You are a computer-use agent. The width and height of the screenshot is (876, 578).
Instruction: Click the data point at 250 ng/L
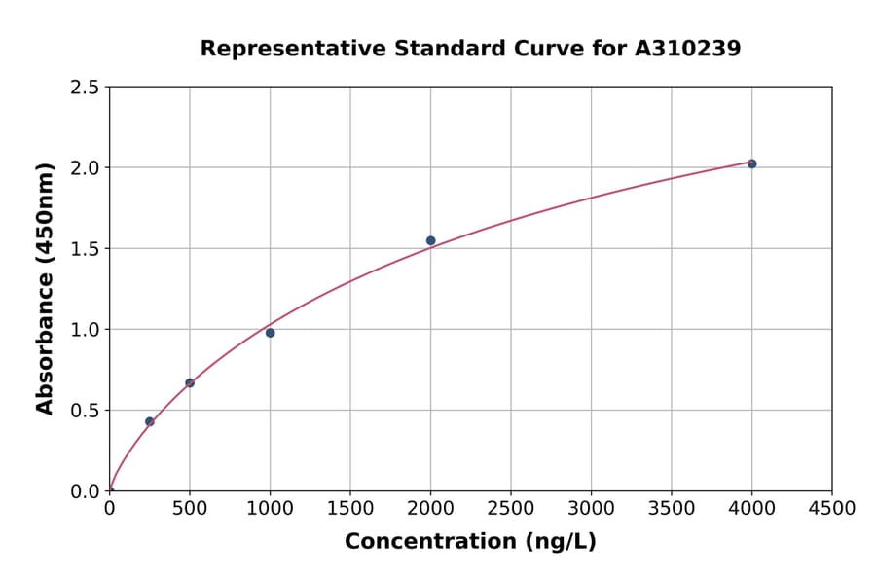[x=150, y=421]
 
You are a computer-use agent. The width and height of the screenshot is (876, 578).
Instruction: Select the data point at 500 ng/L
[x=190, y=382]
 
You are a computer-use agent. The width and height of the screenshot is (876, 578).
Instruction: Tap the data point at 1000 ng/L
[x=271, y=333]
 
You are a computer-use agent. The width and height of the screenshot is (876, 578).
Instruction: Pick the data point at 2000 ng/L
[x=430, y=240]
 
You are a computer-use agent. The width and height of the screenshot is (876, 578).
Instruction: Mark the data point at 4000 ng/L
[x=751, y=163]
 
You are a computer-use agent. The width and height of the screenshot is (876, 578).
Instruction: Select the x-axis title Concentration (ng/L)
[x=470, y=541]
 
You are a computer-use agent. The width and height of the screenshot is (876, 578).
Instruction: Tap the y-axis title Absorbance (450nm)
[x=45, y=289]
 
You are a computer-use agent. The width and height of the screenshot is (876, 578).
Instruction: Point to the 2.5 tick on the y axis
[x=85, y=88]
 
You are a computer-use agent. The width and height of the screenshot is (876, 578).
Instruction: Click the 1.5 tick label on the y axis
[x=85, y=249]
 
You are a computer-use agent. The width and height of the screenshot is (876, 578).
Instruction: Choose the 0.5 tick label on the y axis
[x=85, y=411]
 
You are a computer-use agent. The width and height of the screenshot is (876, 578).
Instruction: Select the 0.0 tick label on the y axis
[x=85, y=491]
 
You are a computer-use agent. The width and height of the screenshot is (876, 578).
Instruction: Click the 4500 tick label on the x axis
[x=831, y=509]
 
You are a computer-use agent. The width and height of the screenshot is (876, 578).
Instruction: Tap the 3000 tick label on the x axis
[x=591, y=509]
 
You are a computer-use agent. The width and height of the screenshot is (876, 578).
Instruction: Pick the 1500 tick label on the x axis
[x=350, y=509]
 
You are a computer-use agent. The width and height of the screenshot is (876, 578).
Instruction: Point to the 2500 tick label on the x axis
[x=511, y=509]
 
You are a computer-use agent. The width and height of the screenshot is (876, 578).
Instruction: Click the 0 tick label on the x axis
[x=110, y=509]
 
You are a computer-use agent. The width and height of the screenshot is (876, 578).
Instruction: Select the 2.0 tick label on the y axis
[x=85, y=168]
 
